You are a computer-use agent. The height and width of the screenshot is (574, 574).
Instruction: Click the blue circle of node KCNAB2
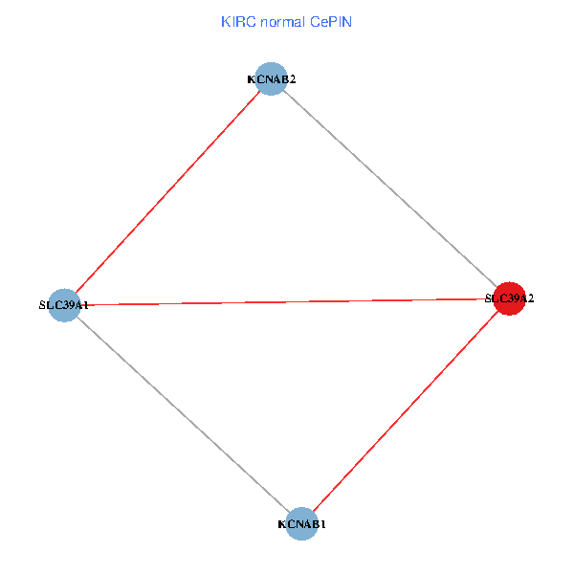pyautogui.click(x=273, y=79)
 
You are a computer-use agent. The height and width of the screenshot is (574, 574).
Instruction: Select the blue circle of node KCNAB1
pyautogui.click(x=301, y=524)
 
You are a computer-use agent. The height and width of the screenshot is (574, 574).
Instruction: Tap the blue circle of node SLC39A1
pyautogui.click(x=63, y=305)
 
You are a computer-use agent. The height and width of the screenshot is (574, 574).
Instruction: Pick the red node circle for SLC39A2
pyautogui.click(x=509, y=298)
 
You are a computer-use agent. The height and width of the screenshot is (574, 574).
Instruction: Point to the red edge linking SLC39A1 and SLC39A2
pyautogui.click(x=287, y=301)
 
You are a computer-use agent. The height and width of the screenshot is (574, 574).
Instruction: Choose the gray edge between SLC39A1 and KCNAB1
pyautogui.click(x=182, y=414)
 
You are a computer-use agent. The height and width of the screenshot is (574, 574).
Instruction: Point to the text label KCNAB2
pyautogui.click(x=272, y=79)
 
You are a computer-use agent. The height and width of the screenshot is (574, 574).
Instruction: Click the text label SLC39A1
pyautogui.click(x=64, y=305)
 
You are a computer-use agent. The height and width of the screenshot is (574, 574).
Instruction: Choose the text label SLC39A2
pyautogui.click(x=509, y=298)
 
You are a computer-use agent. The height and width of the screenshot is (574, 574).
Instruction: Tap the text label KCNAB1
pyautogui.click(x=302, y=524)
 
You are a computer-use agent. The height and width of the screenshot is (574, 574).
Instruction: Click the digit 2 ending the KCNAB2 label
pyautogui.click(x=292, y=79)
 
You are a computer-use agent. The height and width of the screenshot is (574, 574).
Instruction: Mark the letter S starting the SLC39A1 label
pyautogui.click(x=42, y=305)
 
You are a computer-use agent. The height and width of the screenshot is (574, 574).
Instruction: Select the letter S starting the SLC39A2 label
pyautogui.click(x=488, y=298)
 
